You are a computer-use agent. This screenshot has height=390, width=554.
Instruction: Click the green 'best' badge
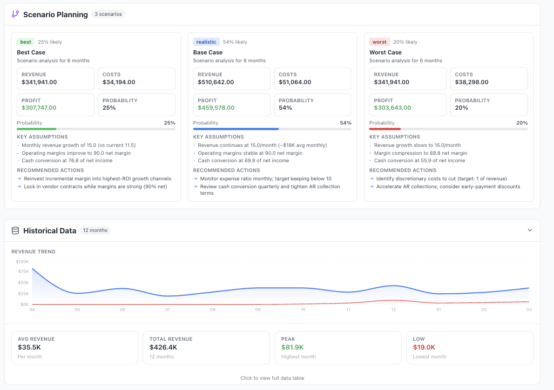[26, 42]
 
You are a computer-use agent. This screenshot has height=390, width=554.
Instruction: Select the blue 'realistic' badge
[206, 42]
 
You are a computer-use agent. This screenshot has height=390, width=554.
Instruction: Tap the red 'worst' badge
[379, 42]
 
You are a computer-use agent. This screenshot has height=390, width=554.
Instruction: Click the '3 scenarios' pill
[108, 14]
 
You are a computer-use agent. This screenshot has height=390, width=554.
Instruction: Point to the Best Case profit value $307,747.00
[39, 108]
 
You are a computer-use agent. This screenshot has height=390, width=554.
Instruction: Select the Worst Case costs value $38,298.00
[472, 82]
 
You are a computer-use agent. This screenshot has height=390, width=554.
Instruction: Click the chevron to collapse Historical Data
[530, 230]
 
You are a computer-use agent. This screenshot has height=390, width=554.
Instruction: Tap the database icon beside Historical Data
[15, 231]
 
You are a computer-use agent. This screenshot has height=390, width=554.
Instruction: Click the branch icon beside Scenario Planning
[15, 14]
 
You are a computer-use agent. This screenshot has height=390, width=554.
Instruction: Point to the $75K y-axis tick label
[22, 271]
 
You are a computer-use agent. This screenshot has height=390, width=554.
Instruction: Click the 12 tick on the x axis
[393, 310]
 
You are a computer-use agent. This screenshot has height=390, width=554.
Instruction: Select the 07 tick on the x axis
[168, 310]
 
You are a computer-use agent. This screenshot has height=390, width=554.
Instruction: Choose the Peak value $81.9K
[292, 347]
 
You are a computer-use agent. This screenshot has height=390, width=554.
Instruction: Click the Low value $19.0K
[424, 347]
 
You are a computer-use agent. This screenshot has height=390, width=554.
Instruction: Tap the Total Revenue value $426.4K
[163, 347]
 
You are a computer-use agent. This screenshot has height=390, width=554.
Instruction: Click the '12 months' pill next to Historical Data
[95, 231]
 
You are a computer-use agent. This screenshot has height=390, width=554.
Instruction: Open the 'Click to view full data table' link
[272, 378]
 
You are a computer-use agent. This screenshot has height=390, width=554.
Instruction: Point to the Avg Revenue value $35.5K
[29, 347]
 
